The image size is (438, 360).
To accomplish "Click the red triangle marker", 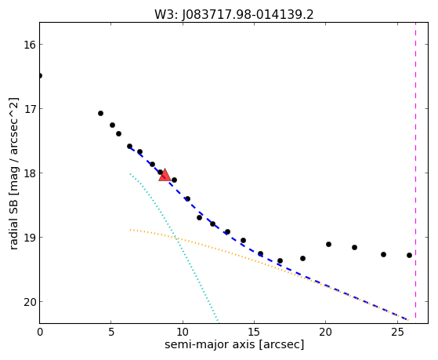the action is point(165,175).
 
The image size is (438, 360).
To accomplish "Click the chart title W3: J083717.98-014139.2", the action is point(234,15).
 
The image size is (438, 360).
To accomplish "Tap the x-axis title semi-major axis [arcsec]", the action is point(234,344).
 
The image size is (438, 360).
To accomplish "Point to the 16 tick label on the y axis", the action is point(29,45).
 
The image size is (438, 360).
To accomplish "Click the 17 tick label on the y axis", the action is point(29,109).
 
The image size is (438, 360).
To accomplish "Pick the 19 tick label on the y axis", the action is point(29,238).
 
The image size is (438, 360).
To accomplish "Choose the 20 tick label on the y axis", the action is point(29,302).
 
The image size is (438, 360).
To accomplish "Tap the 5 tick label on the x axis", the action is point(111,332).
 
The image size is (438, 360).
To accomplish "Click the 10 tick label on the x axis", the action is point(183,332).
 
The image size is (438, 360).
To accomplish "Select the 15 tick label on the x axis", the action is point(254,332).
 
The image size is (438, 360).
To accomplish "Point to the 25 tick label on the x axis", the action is point(397,332).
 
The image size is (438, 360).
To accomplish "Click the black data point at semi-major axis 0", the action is point(40,75).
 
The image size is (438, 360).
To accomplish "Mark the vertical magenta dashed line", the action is point(415,171).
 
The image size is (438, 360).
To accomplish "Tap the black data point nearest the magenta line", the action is point(410,255).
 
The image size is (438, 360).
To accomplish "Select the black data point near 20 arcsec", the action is point(328,244).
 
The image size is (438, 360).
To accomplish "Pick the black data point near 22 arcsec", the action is point(354,247).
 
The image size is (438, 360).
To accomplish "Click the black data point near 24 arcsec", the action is point(383,254).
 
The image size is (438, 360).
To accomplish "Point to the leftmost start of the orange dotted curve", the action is point(130,230).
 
